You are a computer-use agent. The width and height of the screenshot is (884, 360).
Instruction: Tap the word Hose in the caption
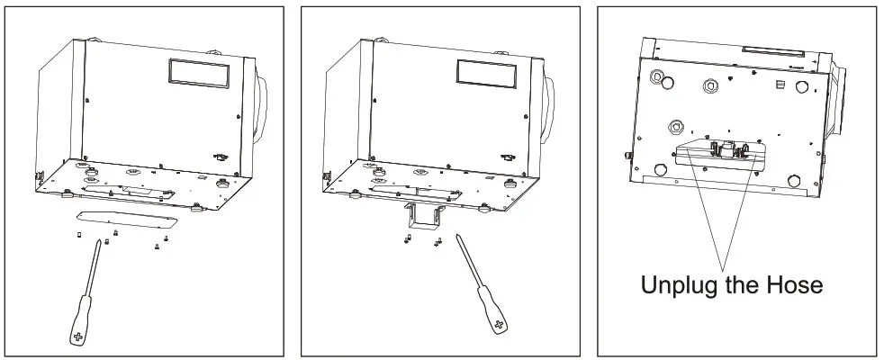pyautogui.click(x=791, y=285)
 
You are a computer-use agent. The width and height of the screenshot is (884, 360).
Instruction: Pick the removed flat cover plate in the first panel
pyautogui.click(x=127, y=217)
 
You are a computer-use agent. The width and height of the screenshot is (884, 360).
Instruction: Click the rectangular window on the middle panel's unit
pyautogui.click(x=486, y=72)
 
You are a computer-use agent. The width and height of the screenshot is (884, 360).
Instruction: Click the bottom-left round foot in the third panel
pyautogui.click(x=659, y=168)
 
